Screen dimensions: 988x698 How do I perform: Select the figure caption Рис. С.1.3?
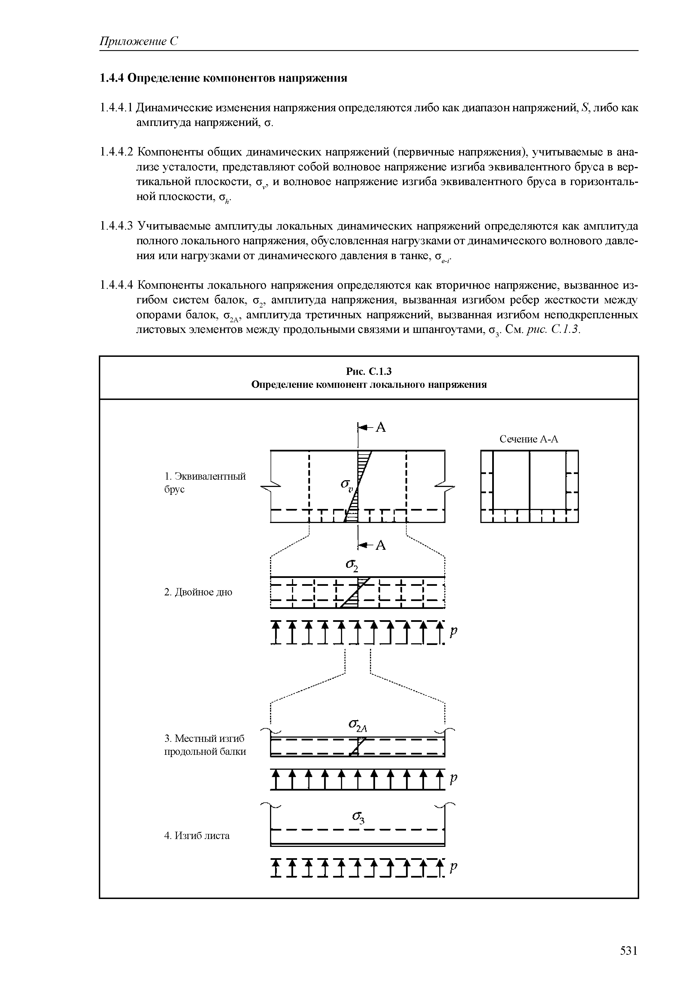click(x=369, y=371)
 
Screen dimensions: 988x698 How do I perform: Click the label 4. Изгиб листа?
click(x=197, y=835)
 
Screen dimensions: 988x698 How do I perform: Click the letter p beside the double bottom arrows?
click(x=453, y=632)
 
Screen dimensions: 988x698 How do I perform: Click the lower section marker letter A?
click(x=381, y=545)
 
